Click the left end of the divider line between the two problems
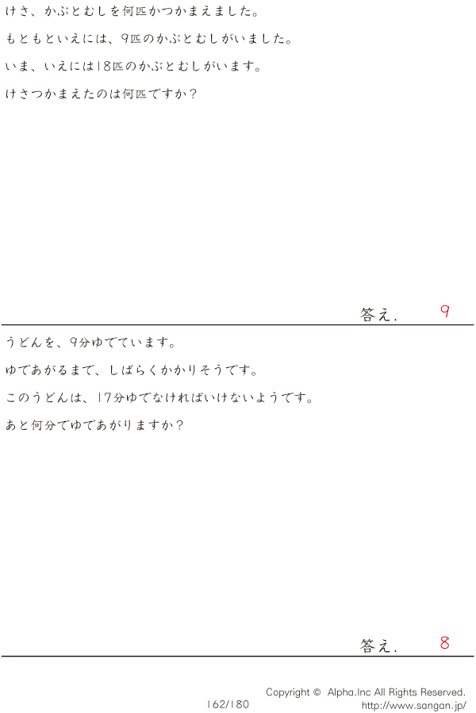tap(2, 324)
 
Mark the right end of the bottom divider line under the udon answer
tap(474, 656)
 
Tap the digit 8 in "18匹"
tap(106, 67)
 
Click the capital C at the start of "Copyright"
tap(270, 692)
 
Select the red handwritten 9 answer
tap(445, 311)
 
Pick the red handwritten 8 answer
tap(444, 642)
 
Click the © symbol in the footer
tap(317, 692)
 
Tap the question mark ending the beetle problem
tap(193, 94)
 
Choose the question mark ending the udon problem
tap(179, 425)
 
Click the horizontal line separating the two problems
tap(237, 324)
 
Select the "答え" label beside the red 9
tap(375, 314)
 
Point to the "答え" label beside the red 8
tap(375, 646)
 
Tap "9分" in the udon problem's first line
tap(80, 343)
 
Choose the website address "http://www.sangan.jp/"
tap(413, 706)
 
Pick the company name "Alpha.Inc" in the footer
tap(349, 692)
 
